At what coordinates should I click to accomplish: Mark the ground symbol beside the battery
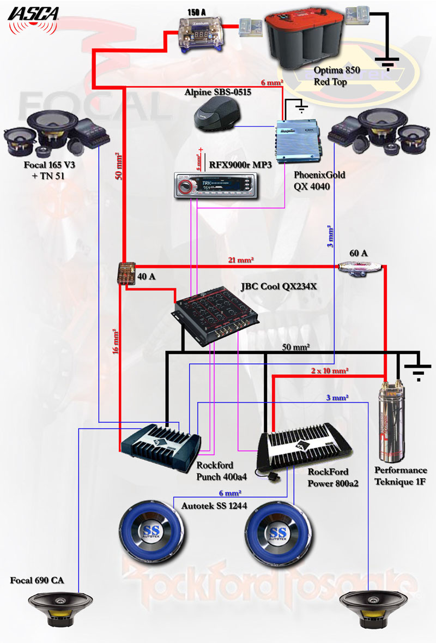(388, 64)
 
